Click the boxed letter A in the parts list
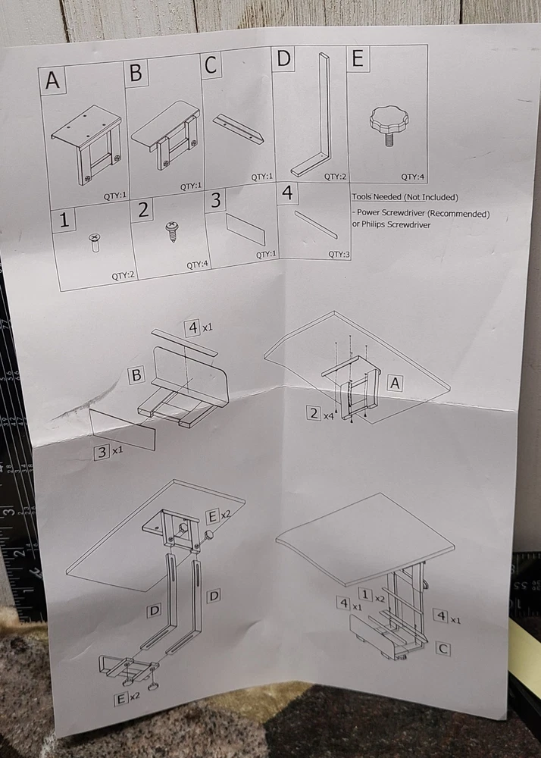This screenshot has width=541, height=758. (x=52, y=80)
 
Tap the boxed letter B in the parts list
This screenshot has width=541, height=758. (x=136, y=73)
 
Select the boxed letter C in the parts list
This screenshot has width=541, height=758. (x=211, y=65)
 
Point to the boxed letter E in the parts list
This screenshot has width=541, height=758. (x=356, y=58)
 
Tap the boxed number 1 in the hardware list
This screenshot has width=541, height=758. (x=64, y=221)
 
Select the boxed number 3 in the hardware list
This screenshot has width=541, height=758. (x=216, y=201)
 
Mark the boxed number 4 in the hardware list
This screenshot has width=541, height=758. (x=287, y=194)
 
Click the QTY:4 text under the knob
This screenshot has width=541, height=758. (x=411, y=177)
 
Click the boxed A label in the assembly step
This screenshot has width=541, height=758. (x=394, y=384)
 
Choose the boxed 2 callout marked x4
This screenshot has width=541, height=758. (x=313, y=413)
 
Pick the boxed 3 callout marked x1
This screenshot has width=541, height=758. (x=102, y=453)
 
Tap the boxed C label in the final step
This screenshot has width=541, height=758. (x=444, y=649)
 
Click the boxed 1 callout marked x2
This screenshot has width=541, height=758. (x=364, y=594)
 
